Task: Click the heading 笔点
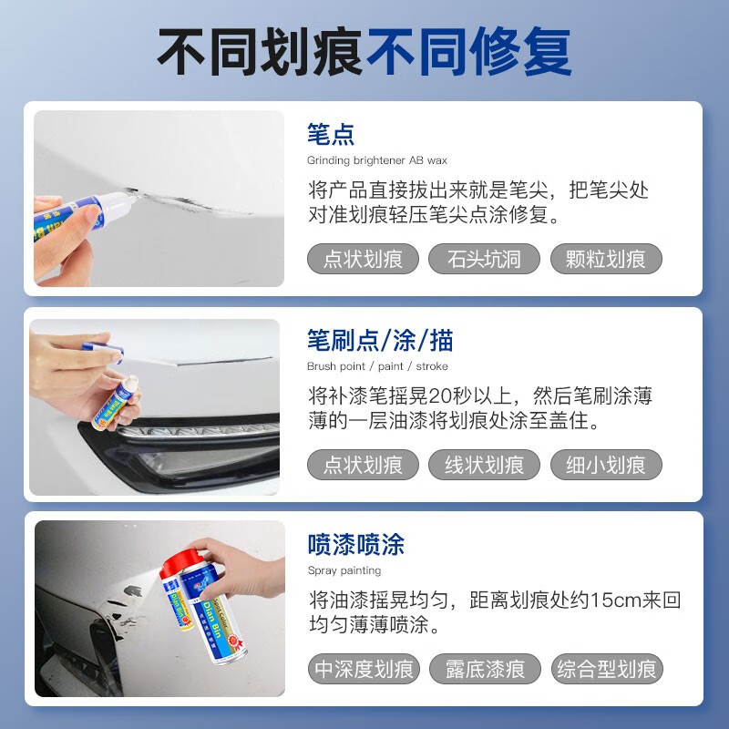pyautogui.click(x=331, y=136)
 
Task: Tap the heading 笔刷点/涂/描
pyautogui.click(x=380, y=341)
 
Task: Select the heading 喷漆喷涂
pyautogui.click(x=355, y=546)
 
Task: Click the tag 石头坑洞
pyautogui.click(x=484, y=259)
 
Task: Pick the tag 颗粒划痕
pyautogui.click(x=606, y=259)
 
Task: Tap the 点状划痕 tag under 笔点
pyautogui.click(x=363, y=259)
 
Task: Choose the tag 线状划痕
pyautogui.click(x=484, y=465)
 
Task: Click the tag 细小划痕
pyautogui.click(x=606, y=465)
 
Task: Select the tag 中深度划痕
pyautogui.click(x=363, y=670)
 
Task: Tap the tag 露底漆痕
pyautogui.click(x=485, y=670)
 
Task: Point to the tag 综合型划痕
pyautogui.click(x=607, y=670)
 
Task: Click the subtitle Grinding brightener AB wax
pyautogui.click(x=376, y=160)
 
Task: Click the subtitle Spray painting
pyautogui.click(x=344, y=570)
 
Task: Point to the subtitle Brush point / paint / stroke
pyautogui.click(x=377, y=365)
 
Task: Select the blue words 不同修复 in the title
pyautogui.click(x=468, y=52)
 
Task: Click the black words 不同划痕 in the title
pyautogui.click(x=261, y=52)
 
